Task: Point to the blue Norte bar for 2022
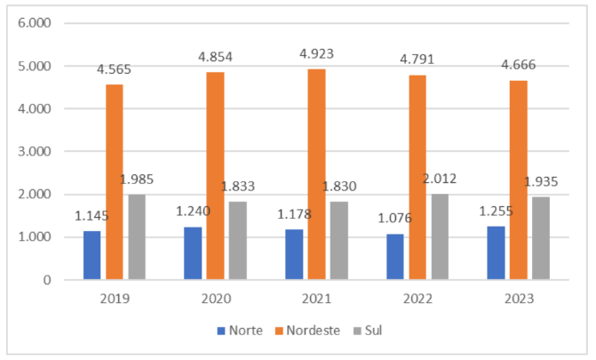pyautogui.click(x=395, y=257)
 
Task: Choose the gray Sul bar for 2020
pyautogui.click(x=237, y=240)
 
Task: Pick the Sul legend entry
pyautogui.click(x=381, y=331)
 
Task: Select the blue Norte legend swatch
pyautogui.click(x=221, y=332)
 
